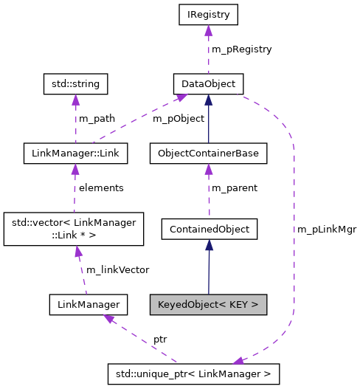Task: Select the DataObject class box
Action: click(x=208, y=83)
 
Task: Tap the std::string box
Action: click(x=75, y=83)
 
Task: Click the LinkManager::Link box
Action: click(x=75, y=154)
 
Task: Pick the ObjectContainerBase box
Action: click(x=208, y=154)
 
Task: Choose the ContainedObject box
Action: click(x=208, y=229)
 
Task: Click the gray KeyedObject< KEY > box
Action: click(x=208, y=303)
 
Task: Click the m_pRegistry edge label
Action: click(x=241, y=49)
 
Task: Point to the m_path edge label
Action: click(x=97, y=118)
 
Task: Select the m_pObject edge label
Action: click(x=179, y=118)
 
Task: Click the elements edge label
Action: click(x=101, y=188)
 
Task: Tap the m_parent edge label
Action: click(x=235, y=188)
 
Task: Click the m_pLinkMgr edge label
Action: click(x=327, y=230)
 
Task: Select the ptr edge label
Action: click(x=160, y=339)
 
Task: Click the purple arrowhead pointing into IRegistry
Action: click(x=208, y=30)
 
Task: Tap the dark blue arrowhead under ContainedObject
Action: click(x=208, y=245)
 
